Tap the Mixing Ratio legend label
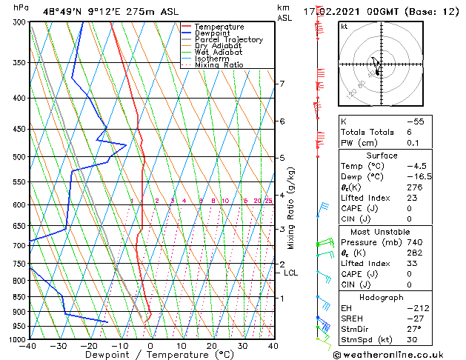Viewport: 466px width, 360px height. tap(219, 65)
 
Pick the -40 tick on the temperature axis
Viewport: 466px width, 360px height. tap(29, 346)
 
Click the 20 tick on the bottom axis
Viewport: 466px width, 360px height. tap(212, 346)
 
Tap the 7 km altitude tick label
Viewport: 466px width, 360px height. tap(282, 84)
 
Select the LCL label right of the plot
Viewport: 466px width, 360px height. tap(291, 273)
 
